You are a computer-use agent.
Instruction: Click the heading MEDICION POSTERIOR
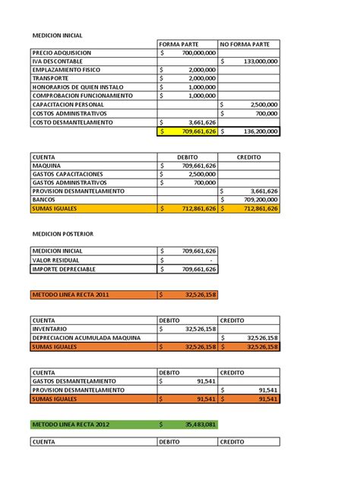point(62,234)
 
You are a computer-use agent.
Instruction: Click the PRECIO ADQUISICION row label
point(62,52)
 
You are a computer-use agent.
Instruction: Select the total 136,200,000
point(254,131)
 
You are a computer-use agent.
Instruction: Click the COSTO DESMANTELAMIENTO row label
point(73,122)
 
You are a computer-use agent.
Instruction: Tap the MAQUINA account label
point(47,165)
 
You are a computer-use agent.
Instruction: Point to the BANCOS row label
point(46,200)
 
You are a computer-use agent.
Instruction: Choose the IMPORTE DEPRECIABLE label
point(67,268)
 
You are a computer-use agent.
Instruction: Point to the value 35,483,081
point(199,424)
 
